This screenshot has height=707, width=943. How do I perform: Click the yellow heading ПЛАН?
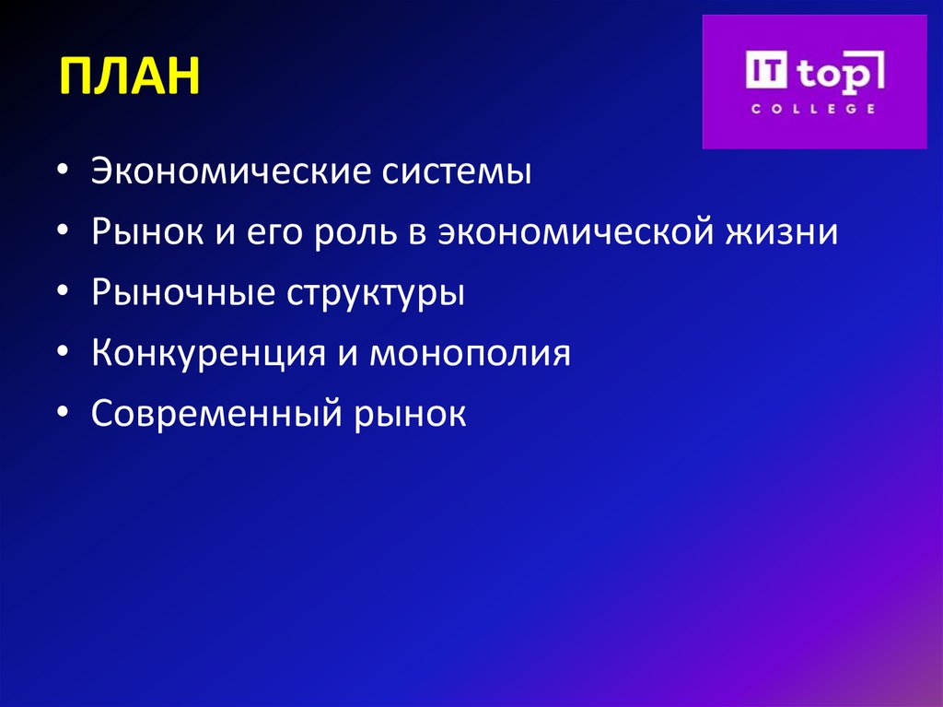[130, 77]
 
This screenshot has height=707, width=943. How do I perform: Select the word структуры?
[374, 294]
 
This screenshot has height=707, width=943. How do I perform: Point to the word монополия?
[471, 354]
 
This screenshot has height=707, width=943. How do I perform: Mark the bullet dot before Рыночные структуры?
[61, 295]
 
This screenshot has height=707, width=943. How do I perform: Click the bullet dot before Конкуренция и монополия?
[61, 355]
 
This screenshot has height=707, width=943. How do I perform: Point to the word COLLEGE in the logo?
[813, 109]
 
